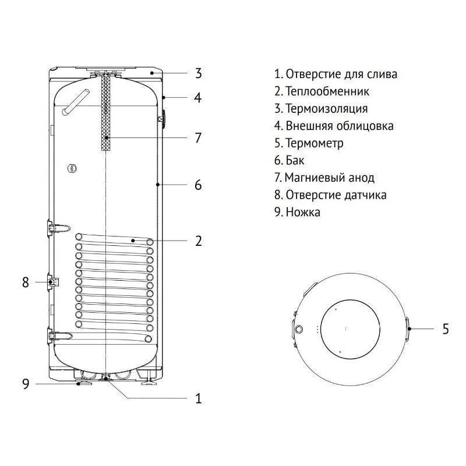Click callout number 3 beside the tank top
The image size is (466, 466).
coord(199,73)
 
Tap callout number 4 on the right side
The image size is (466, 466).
coord(198,98)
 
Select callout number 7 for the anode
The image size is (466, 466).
coord(198,138)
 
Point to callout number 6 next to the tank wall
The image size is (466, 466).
coord(198,185)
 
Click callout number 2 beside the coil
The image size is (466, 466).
coord(199,241)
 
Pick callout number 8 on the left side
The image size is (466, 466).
coord(26,283)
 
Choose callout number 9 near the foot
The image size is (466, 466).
coord(26,384)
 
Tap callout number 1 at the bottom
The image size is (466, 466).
coord(198,398)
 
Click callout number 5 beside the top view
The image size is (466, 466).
coord(446,329)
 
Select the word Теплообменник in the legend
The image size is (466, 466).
coord(327,91)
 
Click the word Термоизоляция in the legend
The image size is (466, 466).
coord(327,108)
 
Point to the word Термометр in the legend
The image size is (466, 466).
coord(315,143)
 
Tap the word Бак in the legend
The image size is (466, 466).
coord(295,161)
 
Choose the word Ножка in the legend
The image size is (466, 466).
coord(303,212)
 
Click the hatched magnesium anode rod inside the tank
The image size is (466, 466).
coord(105,114)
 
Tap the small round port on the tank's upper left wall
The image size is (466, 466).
coord(72,168)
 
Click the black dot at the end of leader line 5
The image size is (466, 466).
coord(409,329)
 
